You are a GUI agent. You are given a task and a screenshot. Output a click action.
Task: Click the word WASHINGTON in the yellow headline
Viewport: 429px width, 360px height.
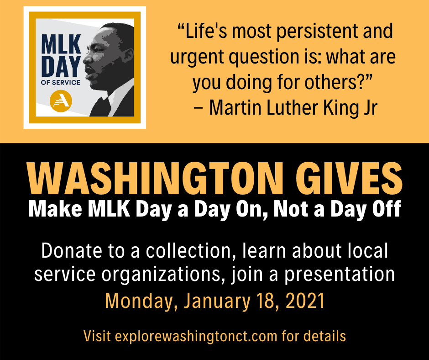pos(155,178)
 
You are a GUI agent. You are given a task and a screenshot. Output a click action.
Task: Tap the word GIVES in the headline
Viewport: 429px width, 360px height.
pos(349,178)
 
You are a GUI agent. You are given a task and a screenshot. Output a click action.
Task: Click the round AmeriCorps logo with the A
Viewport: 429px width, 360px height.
pos(61,101)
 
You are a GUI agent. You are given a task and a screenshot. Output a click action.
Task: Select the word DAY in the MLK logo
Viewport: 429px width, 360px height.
pos(61,67)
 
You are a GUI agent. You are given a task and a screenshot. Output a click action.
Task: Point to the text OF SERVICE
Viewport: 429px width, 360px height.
pos(60,83)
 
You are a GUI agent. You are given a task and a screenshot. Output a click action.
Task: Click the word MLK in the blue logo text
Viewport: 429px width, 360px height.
pos(61,44)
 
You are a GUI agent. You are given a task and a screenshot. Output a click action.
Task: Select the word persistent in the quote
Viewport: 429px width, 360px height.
pos(318,32)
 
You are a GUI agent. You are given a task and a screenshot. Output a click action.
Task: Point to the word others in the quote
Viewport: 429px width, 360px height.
pos(331,82)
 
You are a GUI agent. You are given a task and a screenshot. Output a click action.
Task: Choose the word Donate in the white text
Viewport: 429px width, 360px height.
pos(71,250)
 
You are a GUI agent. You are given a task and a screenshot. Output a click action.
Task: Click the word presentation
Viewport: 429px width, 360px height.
pos(340,275)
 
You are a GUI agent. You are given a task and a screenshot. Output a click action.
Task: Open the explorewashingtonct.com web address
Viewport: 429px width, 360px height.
pos(196,336)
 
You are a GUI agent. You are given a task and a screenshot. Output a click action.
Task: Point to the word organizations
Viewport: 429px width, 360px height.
pos(161,275)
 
